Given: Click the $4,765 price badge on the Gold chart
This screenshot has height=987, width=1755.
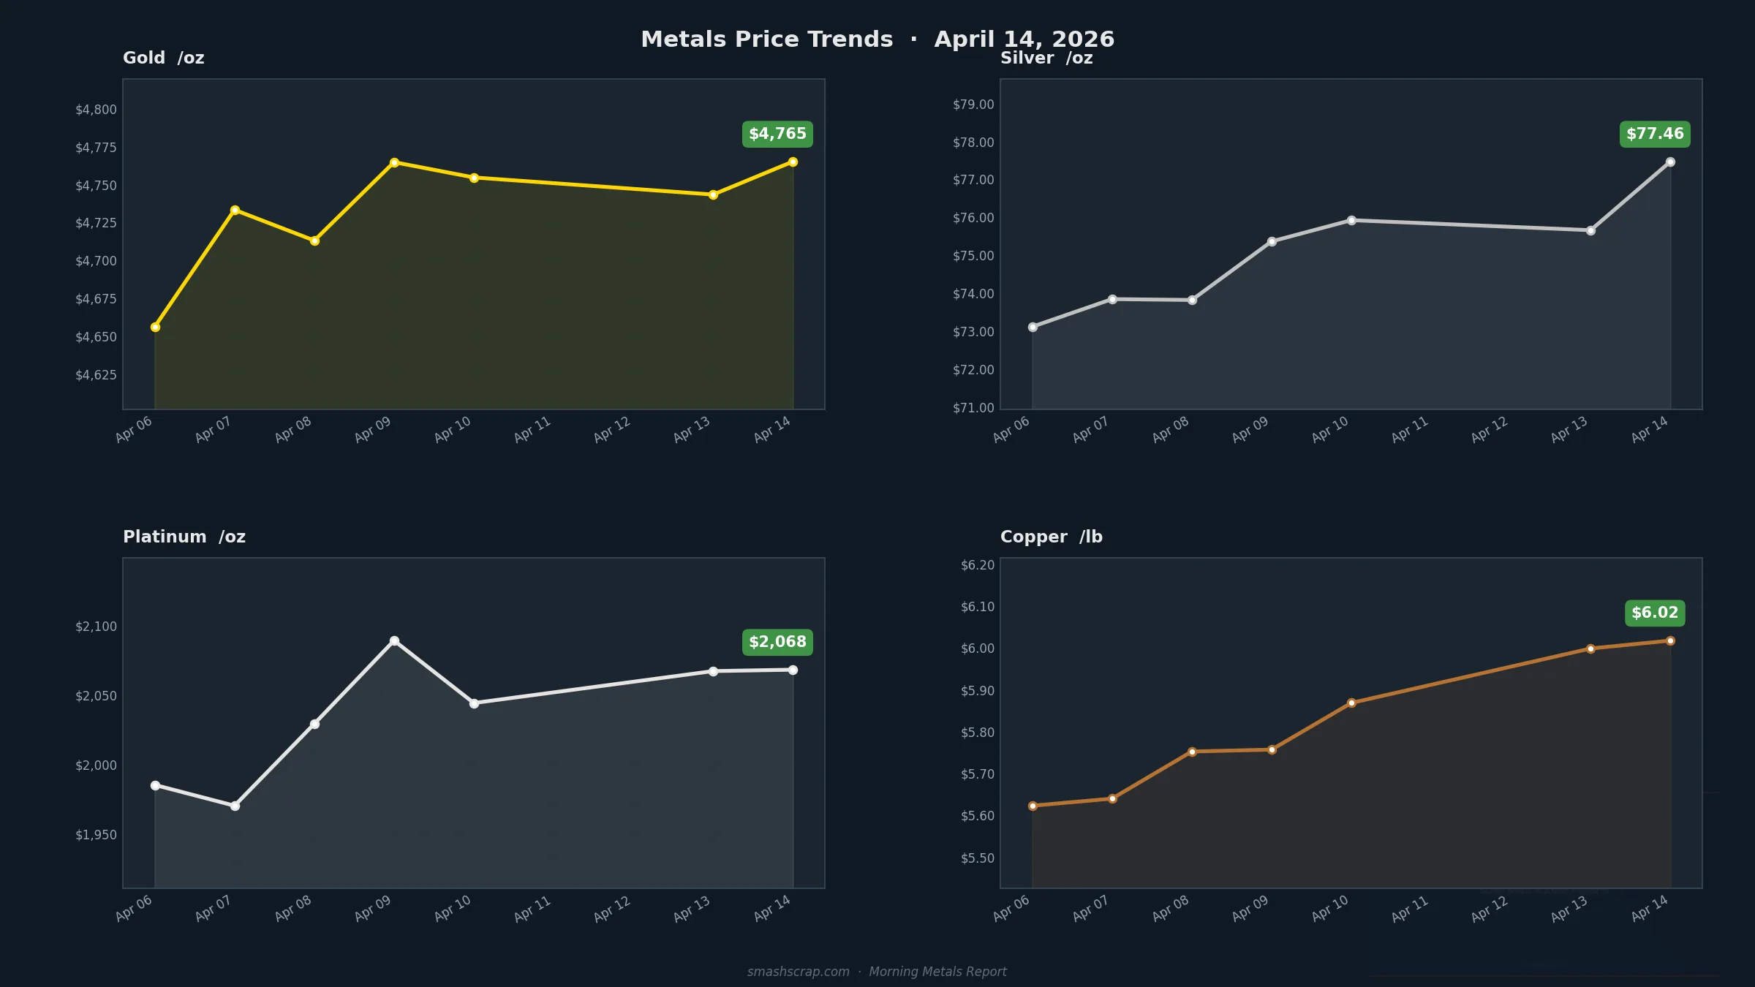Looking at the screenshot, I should (777, 134).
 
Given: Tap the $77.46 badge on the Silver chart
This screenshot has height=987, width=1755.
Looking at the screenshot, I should (1655, 134).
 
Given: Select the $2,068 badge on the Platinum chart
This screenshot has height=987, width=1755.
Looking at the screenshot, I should (777, 642).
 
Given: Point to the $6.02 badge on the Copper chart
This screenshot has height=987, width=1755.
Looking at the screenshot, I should (1655, 613).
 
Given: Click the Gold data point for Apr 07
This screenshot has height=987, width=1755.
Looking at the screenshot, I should (235, 211).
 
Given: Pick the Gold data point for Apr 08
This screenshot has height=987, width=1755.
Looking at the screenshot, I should (314, 241).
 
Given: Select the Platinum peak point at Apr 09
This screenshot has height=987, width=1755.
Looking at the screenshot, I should (394, 640).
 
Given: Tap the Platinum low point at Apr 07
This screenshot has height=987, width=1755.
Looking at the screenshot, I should (235, 806).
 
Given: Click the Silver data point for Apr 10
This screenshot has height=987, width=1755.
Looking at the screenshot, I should (1351, 220).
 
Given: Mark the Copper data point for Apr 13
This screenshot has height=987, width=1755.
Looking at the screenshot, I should (1590, 648).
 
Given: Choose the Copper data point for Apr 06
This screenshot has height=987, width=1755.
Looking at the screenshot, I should (1033, 806).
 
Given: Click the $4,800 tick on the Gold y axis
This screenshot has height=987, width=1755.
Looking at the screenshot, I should (96, 110).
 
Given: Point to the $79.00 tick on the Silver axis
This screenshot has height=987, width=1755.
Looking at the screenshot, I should (973, 105).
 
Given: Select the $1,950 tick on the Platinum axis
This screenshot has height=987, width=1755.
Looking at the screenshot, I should (96, 835).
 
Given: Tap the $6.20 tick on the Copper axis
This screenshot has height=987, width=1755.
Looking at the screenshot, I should (978, 565).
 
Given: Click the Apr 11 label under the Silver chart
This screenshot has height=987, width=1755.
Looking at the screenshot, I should (1410, 430).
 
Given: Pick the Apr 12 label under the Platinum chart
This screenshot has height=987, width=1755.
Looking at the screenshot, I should (612, 909).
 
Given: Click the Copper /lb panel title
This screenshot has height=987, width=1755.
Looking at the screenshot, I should (1051, 537).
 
